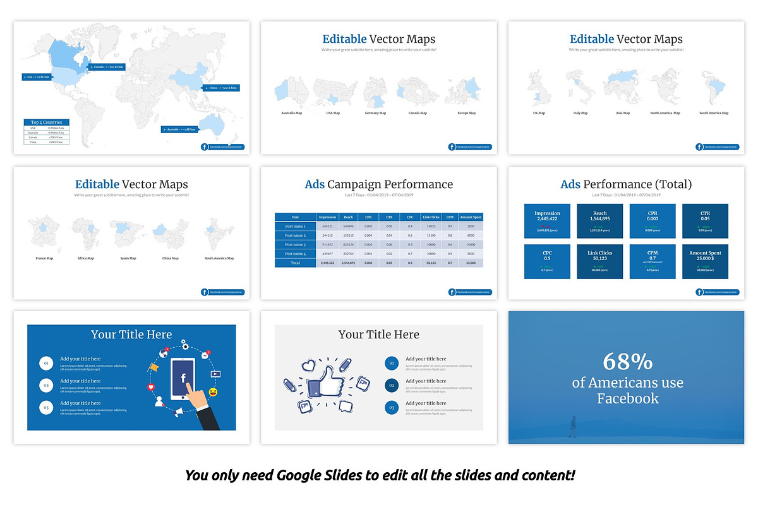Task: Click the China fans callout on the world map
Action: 220,88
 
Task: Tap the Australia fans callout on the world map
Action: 180,129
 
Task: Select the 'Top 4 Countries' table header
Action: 46,122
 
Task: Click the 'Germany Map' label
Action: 375,113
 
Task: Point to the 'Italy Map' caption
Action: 580,113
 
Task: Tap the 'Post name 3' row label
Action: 295,244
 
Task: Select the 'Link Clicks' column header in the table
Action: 431,217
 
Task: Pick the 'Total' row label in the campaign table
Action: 295,262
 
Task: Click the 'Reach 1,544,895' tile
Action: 599,221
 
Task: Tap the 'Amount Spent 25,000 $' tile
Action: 705,261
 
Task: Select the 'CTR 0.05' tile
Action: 705,221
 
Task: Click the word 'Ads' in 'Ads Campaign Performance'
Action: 315,184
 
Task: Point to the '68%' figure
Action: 627,362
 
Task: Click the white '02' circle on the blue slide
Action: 45,385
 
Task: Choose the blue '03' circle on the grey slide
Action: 392,408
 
